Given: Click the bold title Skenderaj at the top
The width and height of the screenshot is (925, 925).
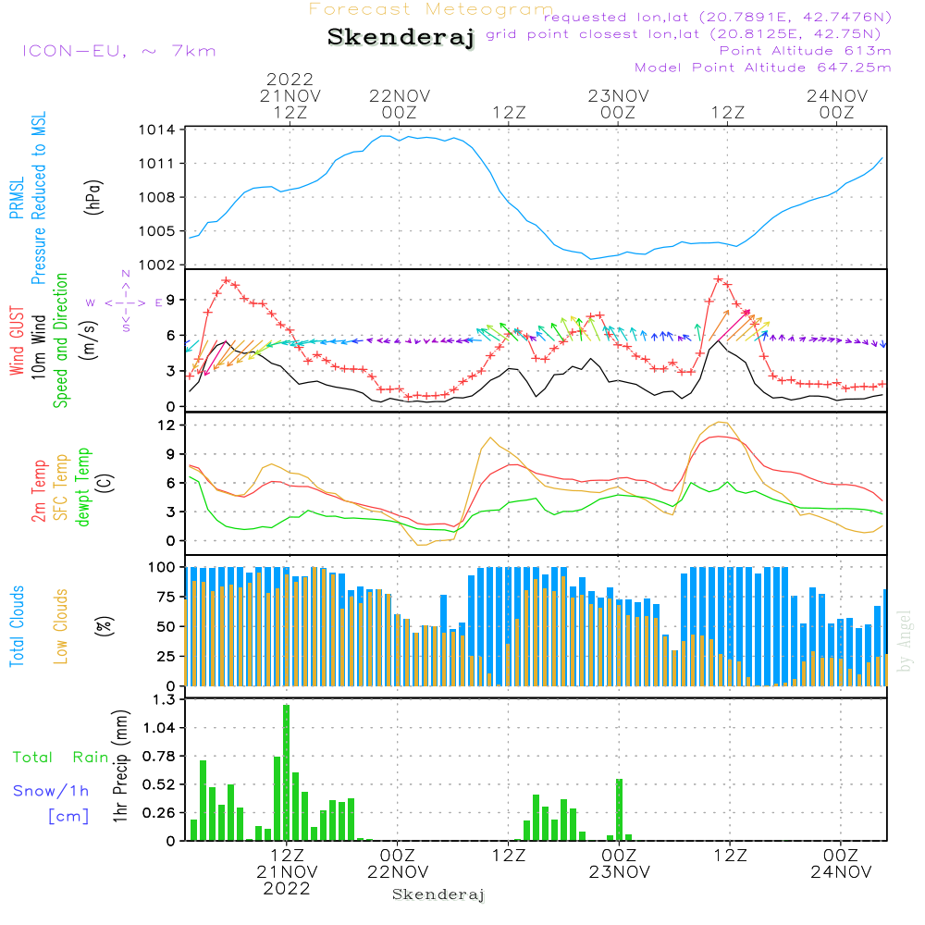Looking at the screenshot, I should point(401,37).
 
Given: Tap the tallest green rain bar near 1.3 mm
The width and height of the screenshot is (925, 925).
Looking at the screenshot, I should point(287,772).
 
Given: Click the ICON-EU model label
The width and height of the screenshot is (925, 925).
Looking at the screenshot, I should point(118,51).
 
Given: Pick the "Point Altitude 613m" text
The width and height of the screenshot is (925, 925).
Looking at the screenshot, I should point(805,51).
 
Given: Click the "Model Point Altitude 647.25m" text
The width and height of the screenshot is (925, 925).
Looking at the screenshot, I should point(763,68).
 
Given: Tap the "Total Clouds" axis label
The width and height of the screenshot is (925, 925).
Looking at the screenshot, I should point(17,625).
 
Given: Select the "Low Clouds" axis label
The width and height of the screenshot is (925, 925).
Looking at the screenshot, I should point(61,625).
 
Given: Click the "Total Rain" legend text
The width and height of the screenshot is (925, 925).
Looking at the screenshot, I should point(61,758).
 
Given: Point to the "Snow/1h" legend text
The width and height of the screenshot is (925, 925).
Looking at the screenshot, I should point(52,791).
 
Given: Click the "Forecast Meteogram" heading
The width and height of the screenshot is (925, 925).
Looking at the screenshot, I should point(431,9).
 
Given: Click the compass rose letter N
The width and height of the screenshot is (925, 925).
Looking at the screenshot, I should point(126,274).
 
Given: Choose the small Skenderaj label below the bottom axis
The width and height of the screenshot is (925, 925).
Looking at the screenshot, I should point(438,894).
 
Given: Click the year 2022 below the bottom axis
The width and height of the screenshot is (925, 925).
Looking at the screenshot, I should point(287,889).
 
